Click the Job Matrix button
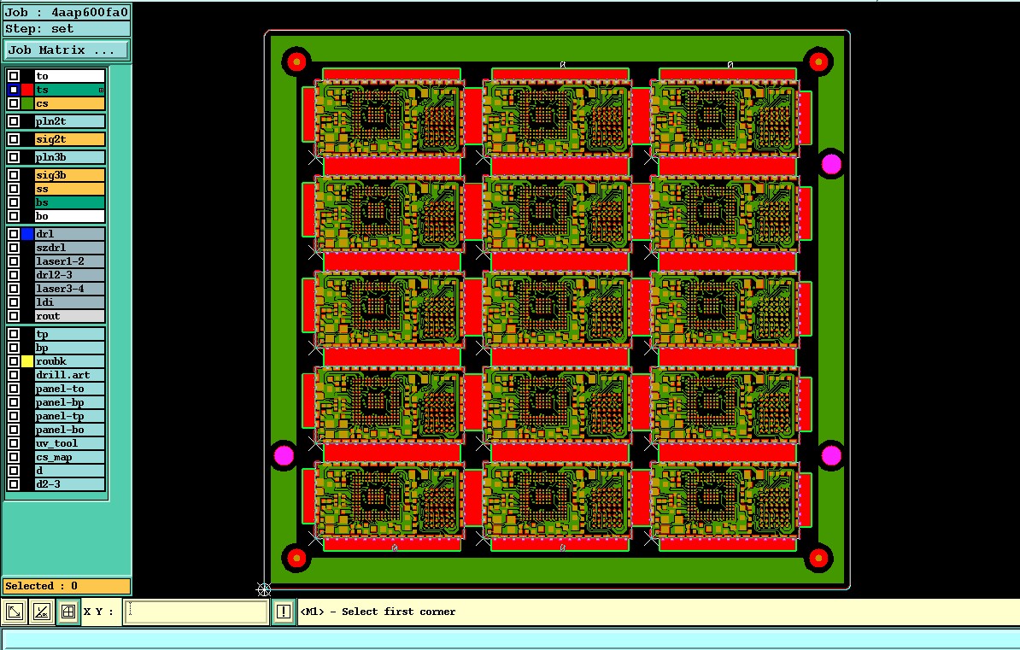pyautogui.click(x=67, y=50)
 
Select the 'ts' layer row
pyautogui.click(x=69, y=90)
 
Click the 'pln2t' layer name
pyautogui.click(x=69, y=121)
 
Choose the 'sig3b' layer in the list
pyautogui.click(x=69, y=175)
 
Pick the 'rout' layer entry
pyautogui.click(x=69, y=316)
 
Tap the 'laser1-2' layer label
pyautogui.click(x=69, y=261)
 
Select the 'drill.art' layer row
pyautogui.click(x=69, y=375)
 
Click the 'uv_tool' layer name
pyautogui.click(x=69, y=443)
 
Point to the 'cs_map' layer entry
pyautogui.click(x=69, y=457)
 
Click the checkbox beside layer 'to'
pyautogui.click(x=14, y=76)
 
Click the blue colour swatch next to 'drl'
pyautogui.click(x=27, y=234)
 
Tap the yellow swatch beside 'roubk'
pyautogui.click(x=27, y=361)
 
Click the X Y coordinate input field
pyautogui.click(x=196, y=612)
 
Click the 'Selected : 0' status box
pyautogui.click(x=67, y=586)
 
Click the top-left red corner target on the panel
pyautogui.click(x=296, y=61)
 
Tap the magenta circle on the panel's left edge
pyautogui.click(x=284, y=455)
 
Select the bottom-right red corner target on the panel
pyautogui.click(x=818, y=559)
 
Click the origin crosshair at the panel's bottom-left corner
pyautogui.click(x=264, y=589)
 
